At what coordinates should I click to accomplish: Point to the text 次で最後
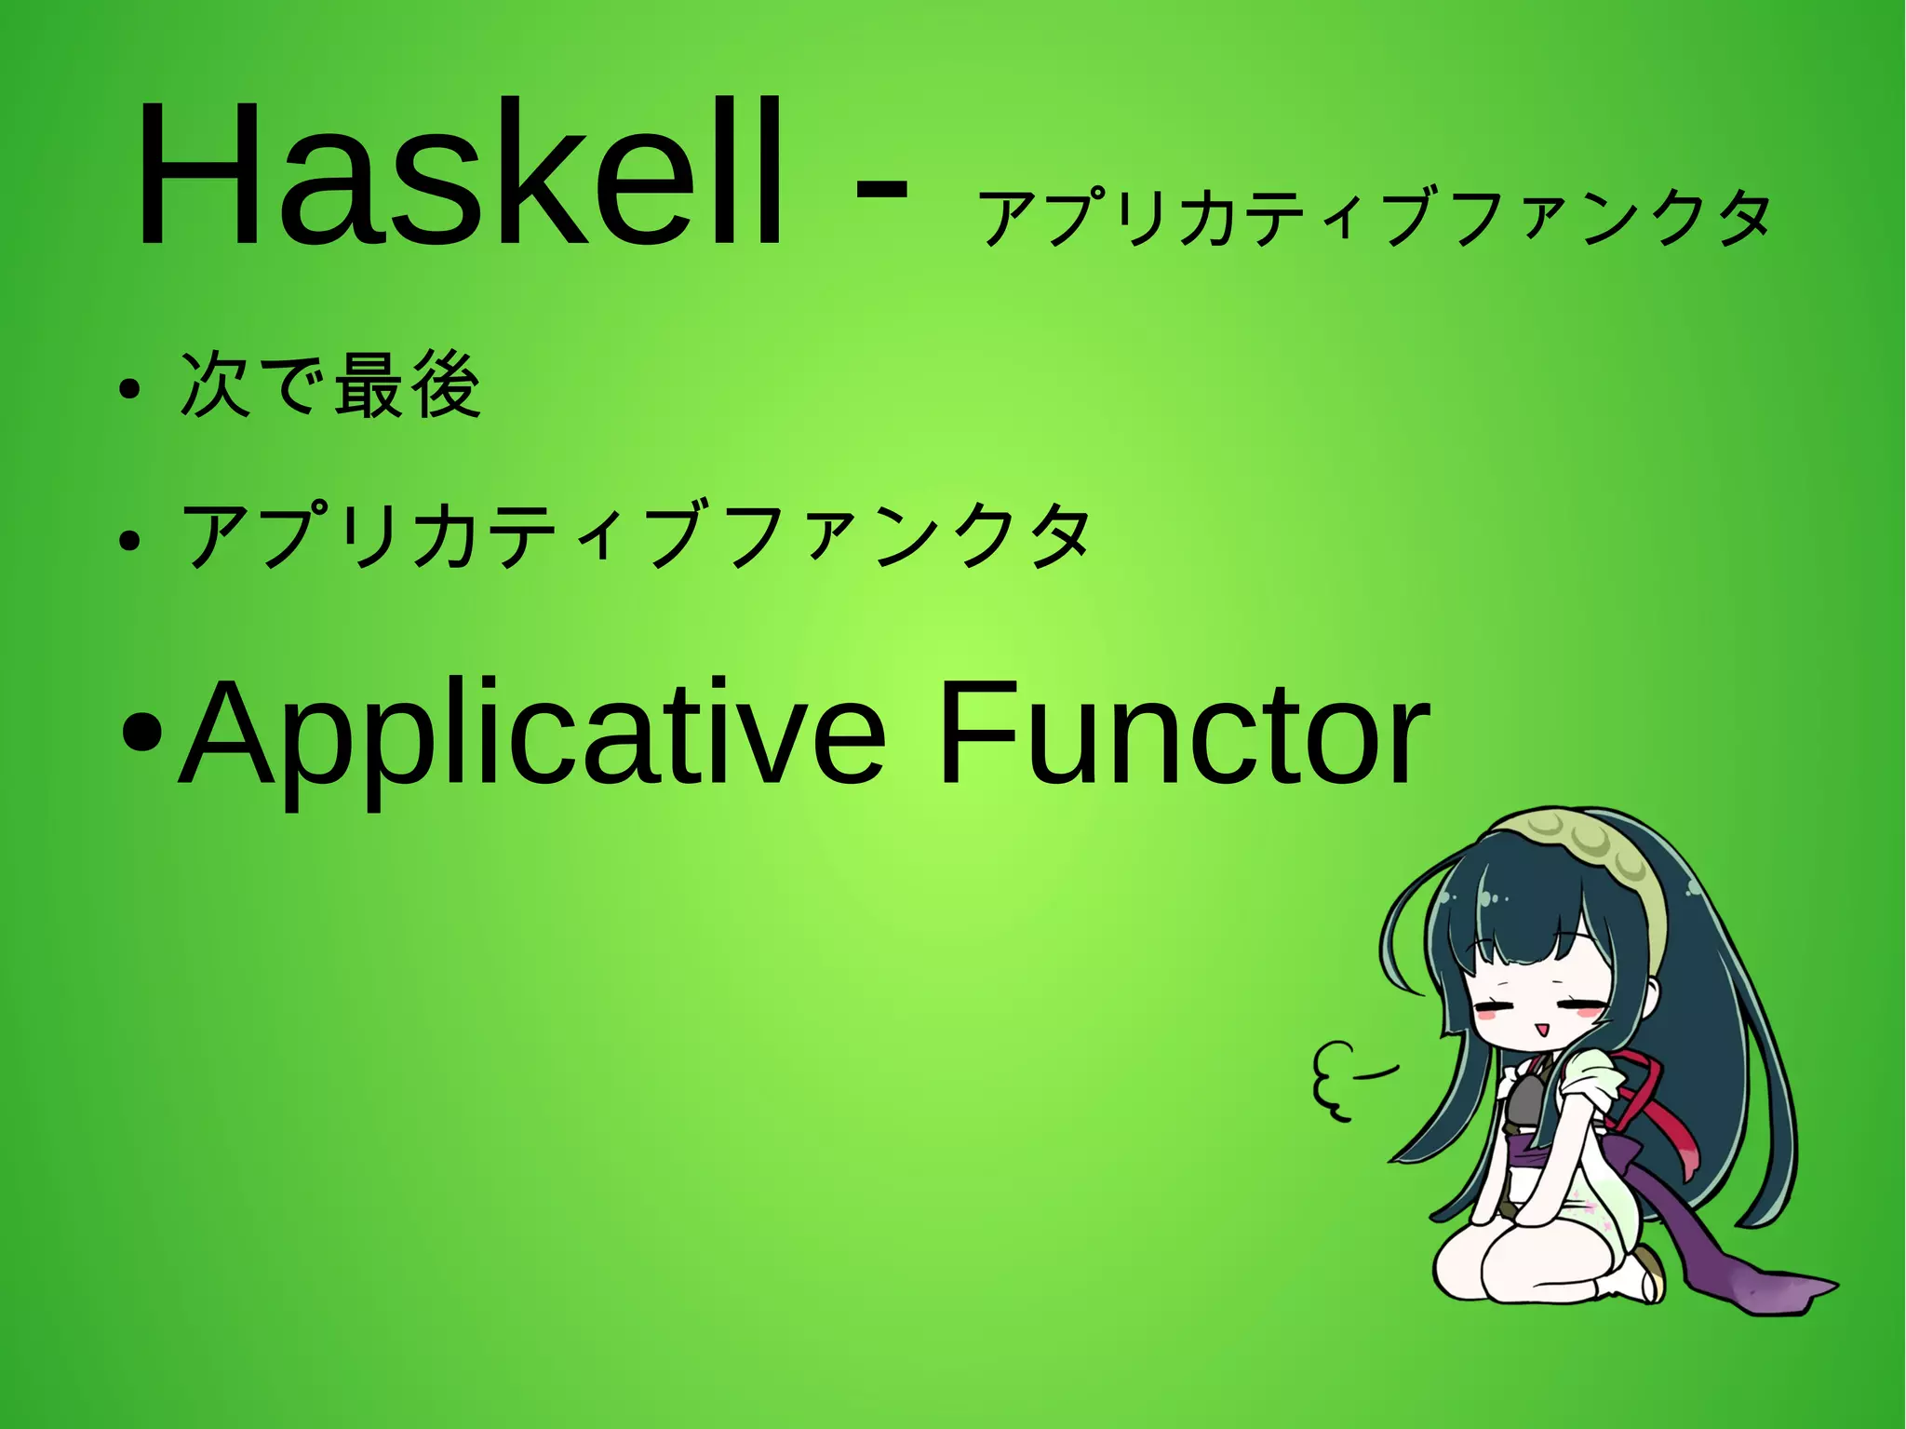point(330,385)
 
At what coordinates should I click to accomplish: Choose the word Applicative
point(530,735)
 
